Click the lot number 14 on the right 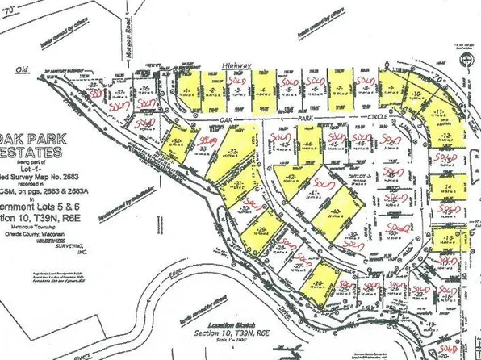[447, 186]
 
